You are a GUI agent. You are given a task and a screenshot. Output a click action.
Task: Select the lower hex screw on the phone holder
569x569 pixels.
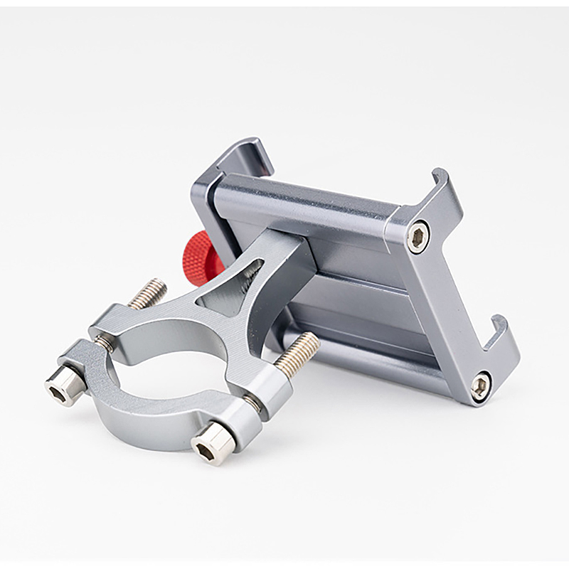[x=480, y=385]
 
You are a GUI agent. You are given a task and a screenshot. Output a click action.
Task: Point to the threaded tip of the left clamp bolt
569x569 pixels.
[x=148, y=291]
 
